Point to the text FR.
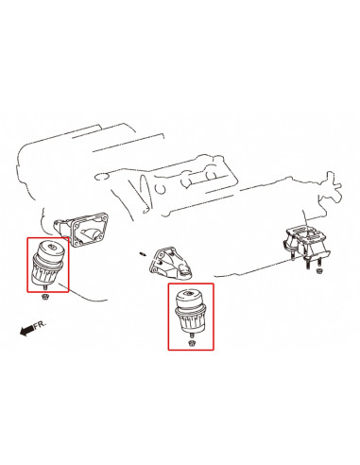(38, 324)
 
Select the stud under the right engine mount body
(192, 336)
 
